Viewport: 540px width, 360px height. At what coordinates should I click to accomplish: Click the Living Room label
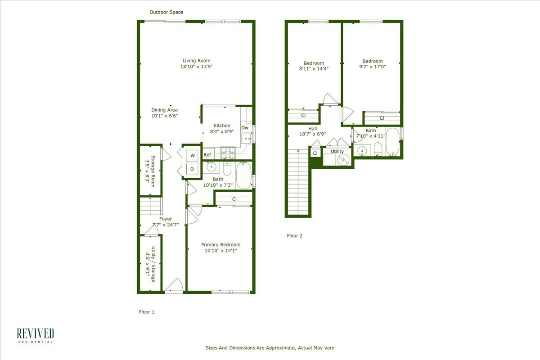pyautogui.click(x=196, y=61)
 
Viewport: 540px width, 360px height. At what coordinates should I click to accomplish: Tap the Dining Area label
pyautogui.click(x=164, y=110)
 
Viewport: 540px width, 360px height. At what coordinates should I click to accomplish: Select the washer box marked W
pyautogui.click(x=193, y=155)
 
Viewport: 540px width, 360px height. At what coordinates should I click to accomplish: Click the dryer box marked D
pyautogui.click(x=192, y=169)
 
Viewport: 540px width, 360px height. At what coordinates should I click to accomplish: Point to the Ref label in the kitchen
pyautogui.click(x=207, y=155)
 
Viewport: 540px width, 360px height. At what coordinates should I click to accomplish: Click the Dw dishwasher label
pyautogui.click(x=245, y=128)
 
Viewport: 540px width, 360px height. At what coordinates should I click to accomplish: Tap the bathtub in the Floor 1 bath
pyautogui.click(x=244, y=175)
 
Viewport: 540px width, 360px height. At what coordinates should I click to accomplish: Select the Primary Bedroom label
pyautogui.click(x=220, y=245)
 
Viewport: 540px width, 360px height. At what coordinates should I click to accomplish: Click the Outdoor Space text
pyautogui.click(x=166, y=12)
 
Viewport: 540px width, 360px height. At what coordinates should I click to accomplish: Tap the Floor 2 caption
pyautogui.click(x=295, y=235)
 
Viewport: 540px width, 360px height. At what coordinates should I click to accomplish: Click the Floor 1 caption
pyautogui.click(x=146, y=311)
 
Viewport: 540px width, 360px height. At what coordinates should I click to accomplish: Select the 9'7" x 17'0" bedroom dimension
pyautogui.click(x=373, y=67)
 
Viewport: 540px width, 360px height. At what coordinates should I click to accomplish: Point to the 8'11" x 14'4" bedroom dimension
pyautogui.click(x=314, y=69)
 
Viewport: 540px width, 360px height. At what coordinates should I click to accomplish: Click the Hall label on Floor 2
pyautogui.click(x=312, y=128)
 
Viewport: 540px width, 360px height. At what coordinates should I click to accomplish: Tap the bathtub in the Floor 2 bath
pyautogui.click(x=393, y=141)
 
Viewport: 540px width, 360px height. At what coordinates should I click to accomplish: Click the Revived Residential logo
pyautogui.click(x=36, y=335)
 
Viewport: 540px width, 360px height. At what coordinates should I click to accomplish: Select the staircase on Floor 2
pyautogui.click(x=297, y=182)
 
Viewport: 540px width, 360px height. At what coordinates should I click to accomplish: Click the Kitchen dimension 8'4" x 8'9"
pyautogui.click(x=222, y=132)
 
